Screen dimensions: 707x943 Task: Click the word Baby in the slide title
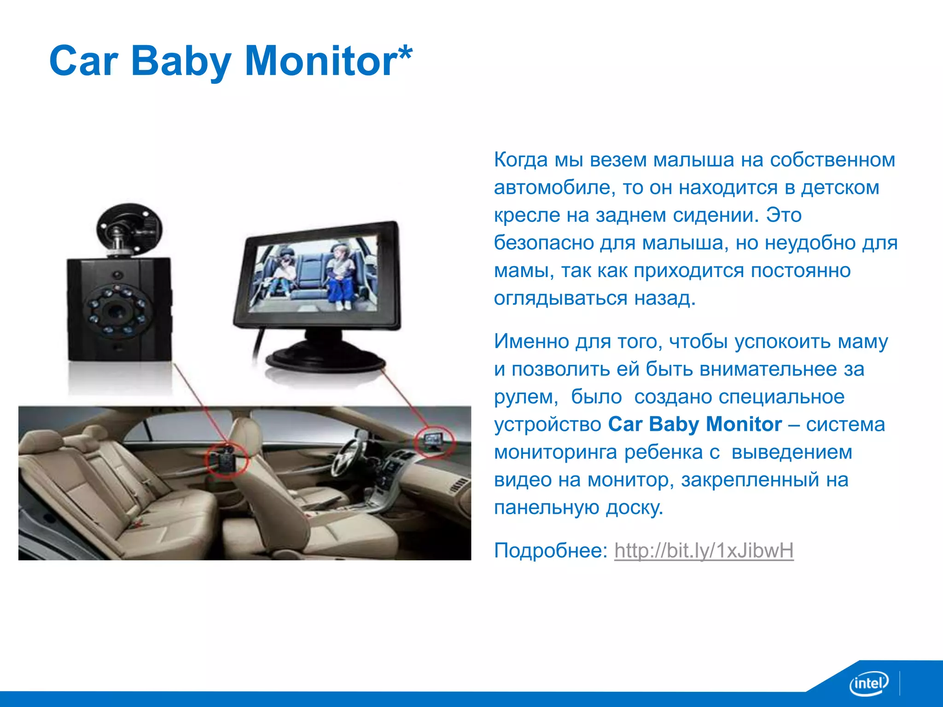180,61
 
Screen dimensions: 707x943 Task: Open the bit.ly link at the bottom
704,550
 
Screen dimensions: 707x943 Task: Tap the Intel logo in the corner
868,684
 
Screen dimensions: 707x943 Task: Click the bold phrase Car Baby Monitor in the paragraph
694,424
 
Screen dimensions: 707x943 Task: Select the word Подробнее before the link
551,550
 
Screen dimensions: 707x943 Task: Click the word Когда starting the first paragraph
521,160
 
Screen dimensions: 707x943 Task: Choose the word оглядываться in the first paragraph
560,298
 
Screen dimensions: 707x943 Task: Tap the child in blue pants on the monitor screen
340,276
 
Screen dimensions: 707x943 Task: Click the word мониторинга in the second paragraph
555,452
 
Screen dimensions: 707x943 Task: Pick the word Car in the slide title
83,61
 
